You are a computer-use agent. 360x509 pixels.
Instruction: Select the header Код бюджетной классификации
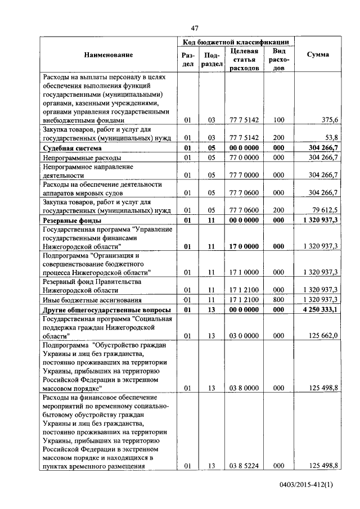(236, 42)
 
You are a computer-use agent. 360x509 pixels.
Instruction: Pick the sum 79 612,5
(323, 210)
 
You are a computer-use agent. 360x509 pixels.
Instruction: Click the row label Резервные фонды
(72, 221)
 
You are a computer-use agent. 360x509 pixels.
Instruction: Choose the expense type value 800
(278, 299)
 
